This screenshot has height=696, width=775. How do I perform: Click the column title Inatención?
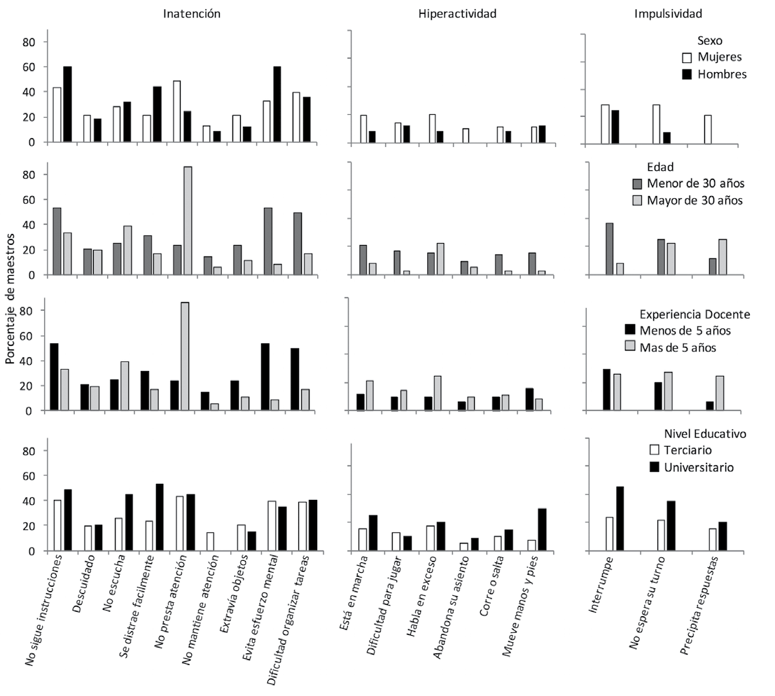[x=193, y=13]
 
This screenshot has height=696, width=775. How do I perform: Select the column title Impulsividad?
[x=668, y=13]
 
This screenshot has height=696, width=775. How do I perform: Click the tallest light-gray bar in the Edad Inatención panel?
[x=188, y=221]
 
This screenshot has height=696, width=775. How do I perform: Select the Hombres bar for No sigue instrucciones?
[x=67, y=104]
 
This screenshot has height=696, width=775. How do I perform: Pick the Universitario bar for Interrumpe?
[x=620, y=518]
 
